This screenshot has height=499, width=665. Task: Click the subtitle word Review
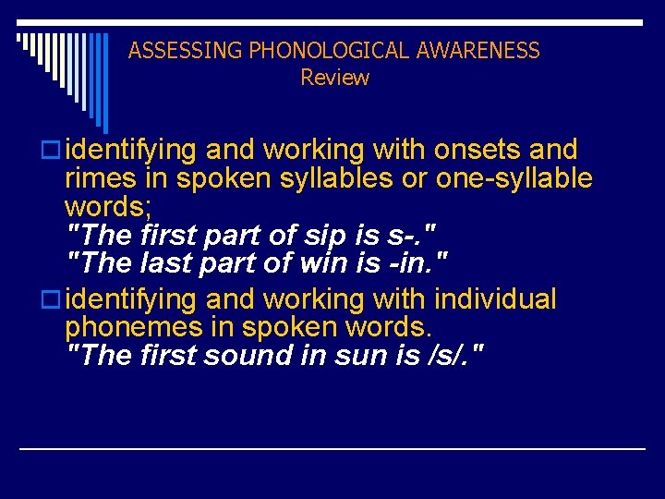(x=334, y=78)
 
